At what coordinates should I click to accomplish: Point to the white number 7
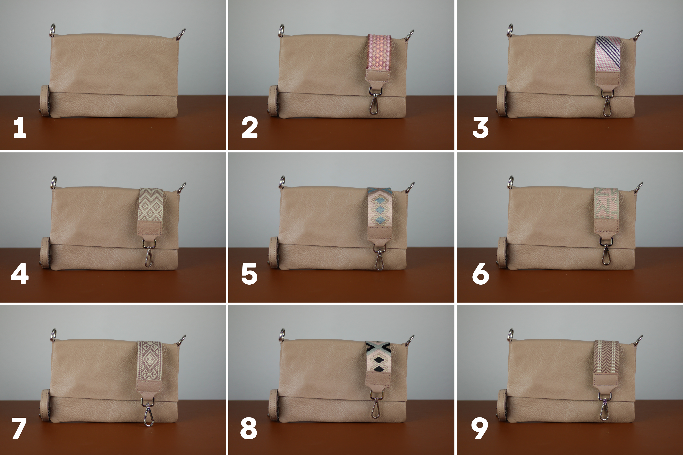tap(19, 428)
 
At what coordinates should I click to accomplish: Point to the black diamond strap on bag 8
tap(378, 357)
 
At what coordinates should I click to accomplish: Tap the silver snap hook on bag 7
tap(149, 412)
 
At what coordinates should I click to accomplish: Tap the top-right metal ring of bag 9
tap(638, 340)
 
